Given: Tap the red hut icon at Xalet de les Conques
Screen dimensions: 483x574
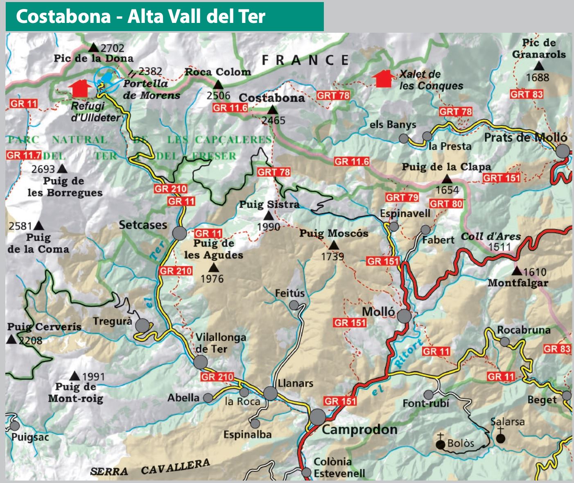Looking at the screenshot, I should click(384, 79).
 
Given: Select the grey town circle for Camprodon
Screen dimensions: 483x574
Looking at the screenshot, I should click(317, 417).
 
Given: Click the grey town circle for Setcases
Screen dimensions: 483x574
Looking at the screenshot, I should click(179, 233).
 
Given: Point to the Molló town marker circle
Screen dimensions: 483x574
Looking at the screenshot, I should click(404, 316).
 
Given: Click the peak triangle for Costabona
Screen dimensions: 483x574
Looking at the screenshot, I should click(272, 110).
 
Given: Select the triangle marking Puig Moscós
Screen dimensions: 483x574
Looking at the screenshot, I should click(334, 245).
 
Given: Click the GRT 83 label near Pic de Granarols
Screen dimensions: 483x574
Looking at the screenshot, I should click(526, 94).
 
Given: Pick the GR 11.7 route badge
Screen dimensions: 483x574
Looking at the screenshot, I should click(24, 156).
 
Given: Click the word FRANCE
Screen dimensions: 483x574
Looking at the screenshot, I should click(305, 61).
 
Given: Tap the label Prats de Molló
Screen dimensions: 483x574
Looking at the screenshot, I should click(525, 138).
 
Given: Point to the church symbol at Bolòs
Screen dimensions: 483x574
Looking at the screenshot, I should click(441, 443).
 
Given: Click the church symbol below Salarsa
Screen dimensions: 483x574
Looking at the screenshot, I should click(500, 438).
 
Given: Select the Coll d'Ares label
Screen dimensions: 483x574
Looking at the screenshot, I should click(490, 237).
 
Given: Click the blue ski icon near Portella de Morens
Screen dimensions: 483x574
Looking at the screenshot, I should click(106, 77).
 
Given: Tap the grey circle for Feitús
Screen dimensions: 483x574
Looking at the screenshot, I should click(294, 305).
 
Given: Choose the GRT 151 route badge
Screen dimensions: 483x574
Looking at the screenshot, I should click(501, 178).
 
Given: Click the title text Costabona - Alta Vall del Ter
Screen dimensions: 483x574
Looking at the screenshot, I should click(140, 16).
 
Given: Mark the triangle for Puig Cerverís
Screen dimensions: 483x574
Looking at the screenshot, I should click(11, 340).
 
